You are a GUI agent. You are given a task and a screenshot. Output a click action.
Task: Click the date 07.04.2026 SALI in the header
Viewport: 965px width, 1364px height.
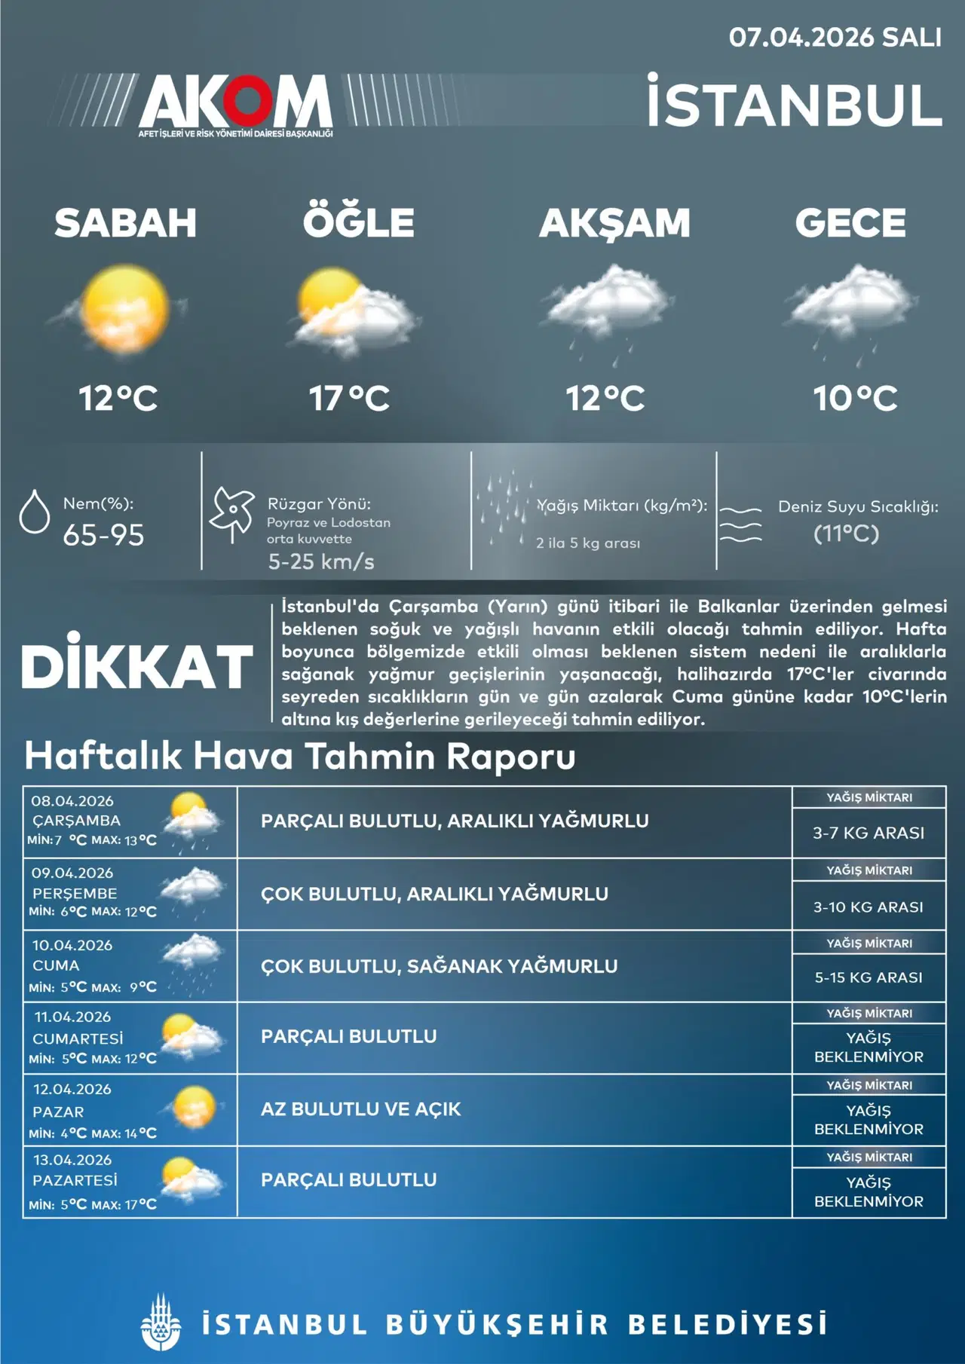(835, 38)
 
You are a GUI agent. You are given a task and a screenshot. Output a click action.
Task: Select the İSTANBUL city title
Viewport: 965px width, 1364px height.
(795, 104)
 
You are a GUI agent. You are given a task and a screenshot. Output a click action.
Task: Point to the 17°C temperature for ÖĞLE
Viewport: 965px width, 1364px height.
(349, 398)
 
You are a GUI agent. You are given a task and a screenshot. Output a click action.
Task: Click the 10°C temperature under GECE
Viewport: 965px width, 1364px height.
(855, 398)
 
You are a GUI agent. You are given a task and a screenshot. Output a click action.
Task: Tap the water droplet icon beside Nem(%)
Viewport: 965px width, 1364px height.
(34, 512)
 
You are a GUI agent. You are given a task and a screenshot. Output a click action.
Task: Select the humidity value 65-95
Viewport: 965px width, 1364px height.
(103, 535)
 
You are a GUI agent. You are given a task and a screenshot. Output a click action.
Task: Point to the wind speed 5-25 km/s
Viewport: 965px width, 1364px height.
(321, 561)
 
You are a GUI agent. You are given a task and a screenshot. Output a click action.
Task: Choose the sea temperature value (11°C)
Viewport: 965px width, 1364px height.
(846, 534)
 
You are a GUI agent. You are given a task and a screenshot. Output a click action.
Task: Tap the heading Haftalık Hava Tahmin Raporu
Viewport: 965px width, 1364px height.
(300, 756)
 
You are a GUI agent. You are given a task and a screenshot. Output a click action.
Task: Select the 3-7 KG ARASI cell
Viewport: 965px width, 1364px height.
(868, 833)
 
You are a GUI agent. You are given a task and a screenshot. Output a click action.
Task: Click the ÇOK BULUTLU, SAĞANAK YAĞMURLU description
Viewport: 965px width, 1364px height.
(439, 966)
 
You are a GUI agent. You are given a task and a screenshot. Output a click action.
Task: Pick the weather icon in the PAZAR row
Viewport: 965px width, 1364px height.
(194, 1108)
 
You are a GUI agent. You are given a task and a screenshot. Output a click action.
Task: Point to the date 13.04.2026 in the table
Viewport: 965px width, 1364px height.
(72, 1160)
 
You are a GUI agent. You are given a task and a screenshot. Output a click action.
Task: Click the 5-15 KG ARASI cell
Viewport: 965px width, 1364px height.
(868, 977)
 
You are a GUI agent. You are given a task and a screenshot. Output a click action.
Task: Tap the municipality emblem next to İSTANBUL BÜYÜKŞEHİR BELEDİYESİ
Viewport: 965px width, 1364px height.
(161, 1323)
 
